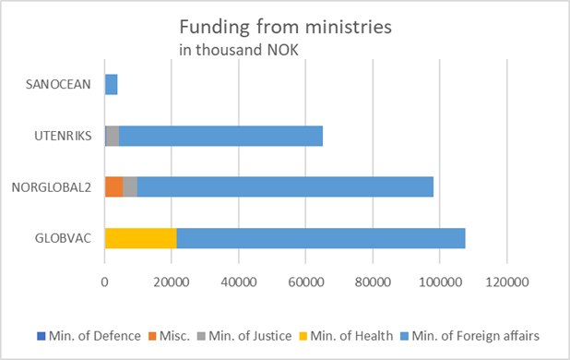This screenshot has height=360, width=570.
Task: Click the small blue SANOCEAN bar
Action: pos(112,85)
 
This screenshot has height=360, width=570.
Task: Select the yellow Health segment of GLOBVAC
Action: pos(140,237)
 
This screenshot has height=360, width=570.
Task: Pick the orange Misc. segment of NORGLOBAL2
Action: pos(113,186)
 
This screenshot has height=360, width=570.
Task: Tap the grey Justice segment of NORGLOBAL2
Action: pos(130,186)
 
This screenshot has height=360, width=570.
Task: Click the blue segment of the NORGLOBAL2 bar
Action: pos(285,186)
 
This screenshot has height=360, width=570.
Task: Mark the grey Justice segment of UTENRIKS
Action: pos(113,136)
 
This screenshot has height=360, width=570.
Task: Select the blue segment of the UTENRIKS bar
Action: pos(220,136)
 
